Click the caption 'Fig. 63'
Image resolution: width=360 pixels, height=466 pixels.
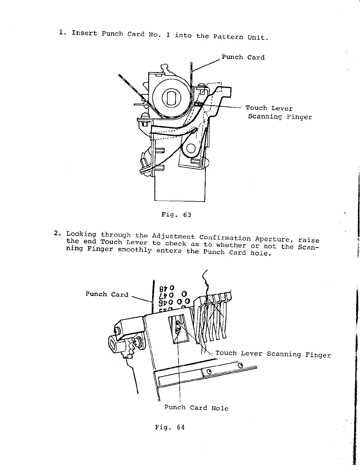(176, 215)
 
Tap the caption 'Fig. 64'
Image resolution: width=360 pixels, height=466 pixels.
(170, 427)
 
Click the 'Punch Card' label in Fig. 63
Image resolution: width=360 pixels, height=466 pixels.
(243, 57)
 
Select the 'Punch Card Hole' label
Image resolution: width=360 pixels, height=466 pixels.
(196, 408)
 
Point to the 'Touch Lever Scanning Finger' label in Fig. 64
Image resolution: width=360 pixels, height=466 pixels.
(273, 354)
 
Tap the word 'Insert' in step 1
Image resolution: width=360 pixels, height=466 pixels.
(84, 33)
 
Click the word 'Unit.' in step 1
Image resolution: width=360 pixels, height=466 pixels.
(258, 38)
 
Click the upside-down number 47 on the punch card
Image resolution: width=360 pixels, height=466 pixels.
(166, 294)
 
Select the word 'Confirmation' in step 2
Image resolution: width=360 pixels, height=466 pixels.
(225, 238)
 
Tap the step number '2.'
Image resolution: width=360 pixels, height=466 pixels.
(57, 234)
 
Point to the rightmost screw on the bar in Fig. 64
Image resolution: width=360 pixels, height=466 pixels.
(240, 365)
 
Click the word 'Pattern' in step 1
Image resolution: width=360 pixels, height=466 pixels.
(228, 36)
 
